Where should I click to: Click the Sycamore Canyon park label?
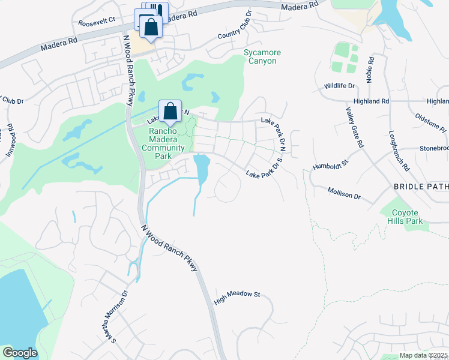coord(261,56)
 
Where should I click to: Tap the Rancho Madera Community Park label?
coord(163,140)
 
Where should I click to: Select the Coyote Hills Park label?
coord(408,217)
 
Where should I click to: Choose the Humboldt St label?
coord(331,164)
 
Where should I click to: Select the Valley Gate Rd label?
coord(355,127)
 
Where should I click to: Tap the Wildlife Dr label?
coord(339,86)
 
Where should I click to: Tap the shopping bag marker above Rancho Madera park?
coord(170,112)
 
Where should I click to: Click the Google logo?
coord(20,353)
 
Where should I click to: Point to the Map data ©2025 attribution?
coord(423,355)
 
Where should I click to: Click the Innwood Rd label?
coord(10,138)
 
